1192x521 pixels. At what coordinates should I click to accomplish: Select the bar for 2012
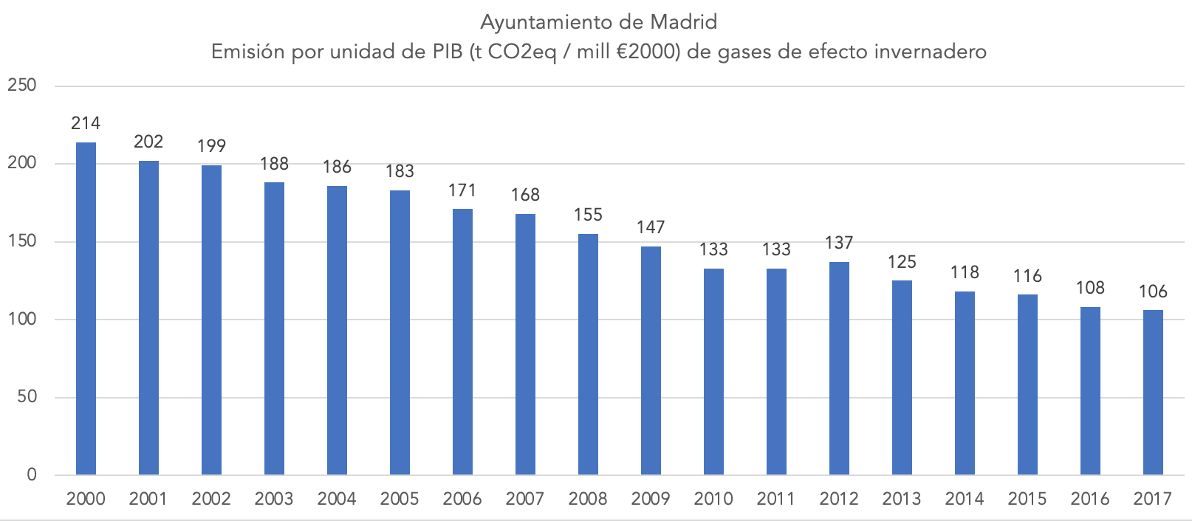coord(839,368)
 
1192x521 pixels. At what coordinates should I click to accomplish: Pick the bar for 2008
coord(588,354)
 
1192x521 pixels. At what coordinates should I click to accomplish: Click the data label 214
coord(86,123)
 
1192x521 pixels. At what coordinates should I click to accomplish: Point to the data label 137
coord(839,243)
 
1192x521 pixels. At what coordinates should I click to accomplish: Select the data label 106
coord(1153,291)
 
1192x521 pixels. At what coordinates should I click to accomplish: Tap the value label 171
coord(462,190)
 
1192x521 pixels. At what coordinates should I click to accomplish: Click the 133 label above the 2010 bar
coord(713,249)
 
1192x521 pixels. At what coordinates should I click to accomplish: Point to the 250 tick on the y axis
coord(22,86)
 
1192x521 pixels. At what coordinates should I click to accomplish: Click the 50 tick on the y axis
coord(27,397)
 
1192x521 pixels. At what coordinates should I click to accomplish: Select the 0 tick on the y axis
coord(32,475)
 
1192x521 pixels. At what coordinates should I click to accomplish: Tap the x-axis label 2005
coord(400,499)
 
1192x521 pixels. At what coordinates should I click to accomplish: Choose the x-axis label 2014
coord(965,499)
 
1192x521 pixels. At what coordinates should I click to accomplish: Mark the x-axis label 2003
coord(274,499)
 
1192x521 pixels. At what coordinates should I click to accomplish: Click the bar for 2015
coord(1027,384)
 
